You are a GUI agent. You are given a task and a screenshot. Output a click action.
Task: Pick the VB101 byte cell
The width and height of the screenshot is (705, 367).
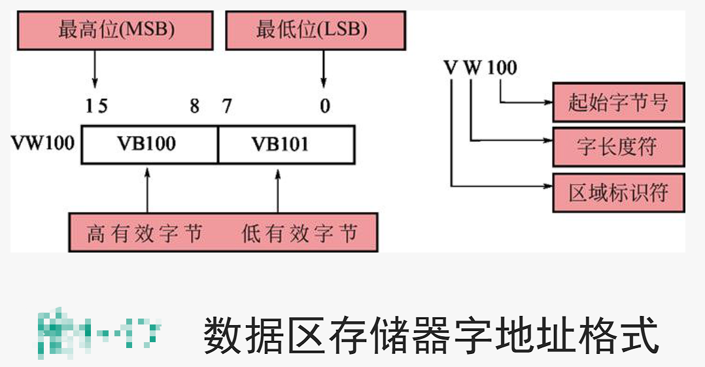286,144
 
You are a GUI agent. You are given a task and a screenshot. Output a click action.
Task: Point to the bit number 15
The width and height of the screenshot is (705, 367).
96,106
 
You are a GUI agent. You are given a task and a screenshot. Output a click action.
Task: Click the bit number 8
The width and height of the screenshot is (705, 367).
194,106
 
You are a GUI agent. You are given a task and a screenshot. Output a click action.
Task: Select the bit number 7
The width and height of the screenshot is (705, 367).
226,106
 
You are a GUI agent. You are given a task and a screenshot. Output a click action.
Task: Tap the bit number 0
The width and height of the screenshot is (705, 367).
324,106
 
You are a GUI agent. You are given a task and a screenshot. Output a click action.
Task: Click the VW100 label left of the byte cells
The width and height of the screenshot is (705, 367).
43,143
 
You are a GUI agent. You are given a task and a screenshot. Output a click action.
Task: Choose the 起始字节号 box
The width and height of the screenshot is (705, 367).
618,102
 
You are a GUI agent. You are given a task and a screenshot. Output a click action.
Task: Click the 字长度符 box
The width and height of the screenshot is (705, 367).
618,147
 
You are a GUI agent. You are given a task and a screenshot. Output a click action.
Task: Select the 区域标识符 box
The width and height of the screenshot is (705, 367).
618,193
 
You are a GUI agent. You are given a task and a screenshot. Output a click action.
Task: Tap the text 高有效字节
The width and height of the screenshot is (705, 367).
145,233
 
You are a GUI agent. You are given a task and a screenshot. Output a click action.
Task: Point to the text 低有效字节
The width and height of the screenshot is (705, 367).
300,233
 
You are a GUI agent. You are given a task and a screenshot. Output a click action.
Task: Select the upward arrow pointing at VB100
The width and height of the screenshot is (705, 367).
147,190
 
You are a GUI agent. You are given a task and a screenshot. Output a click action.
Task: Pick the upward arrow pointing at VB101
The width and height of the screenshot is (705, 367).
279,190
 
